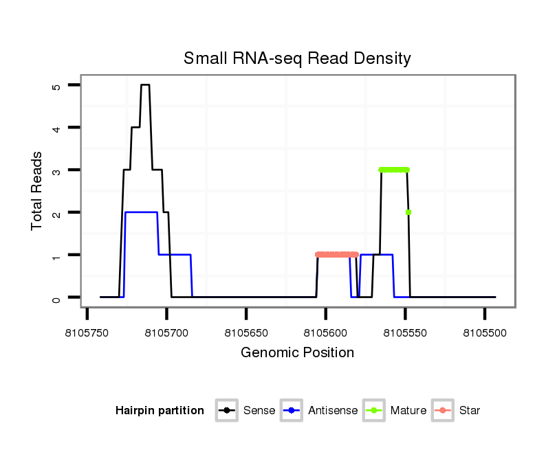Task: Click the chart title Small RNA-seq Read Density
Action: [x=297, y=58]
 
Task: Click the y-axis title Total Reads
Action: [x=39, y=191]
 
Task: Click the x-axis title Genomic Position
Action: [x=297, y=353]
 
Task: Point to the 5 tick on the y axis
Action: [x=56, y=85]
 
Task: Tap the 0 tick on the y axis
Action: [x=56, y=297]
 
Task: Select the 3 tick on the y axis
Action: [x=56, y=170]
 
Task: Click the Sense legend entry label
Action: [x=259, y=411]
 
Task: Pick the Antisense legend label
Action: [x=333, y=411]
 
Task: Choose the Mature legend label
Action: [x=408, y=411]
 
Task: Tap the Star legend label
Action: [x=470, y=411]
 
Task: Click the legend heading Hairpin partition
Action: [x=160, y=411]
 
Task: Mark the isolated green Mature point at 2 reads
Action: [x=408, y=212]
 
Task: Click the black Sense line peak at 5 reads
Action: [x=145, y=85]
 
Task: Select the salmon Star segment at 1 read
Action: [x=337, y=255]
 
